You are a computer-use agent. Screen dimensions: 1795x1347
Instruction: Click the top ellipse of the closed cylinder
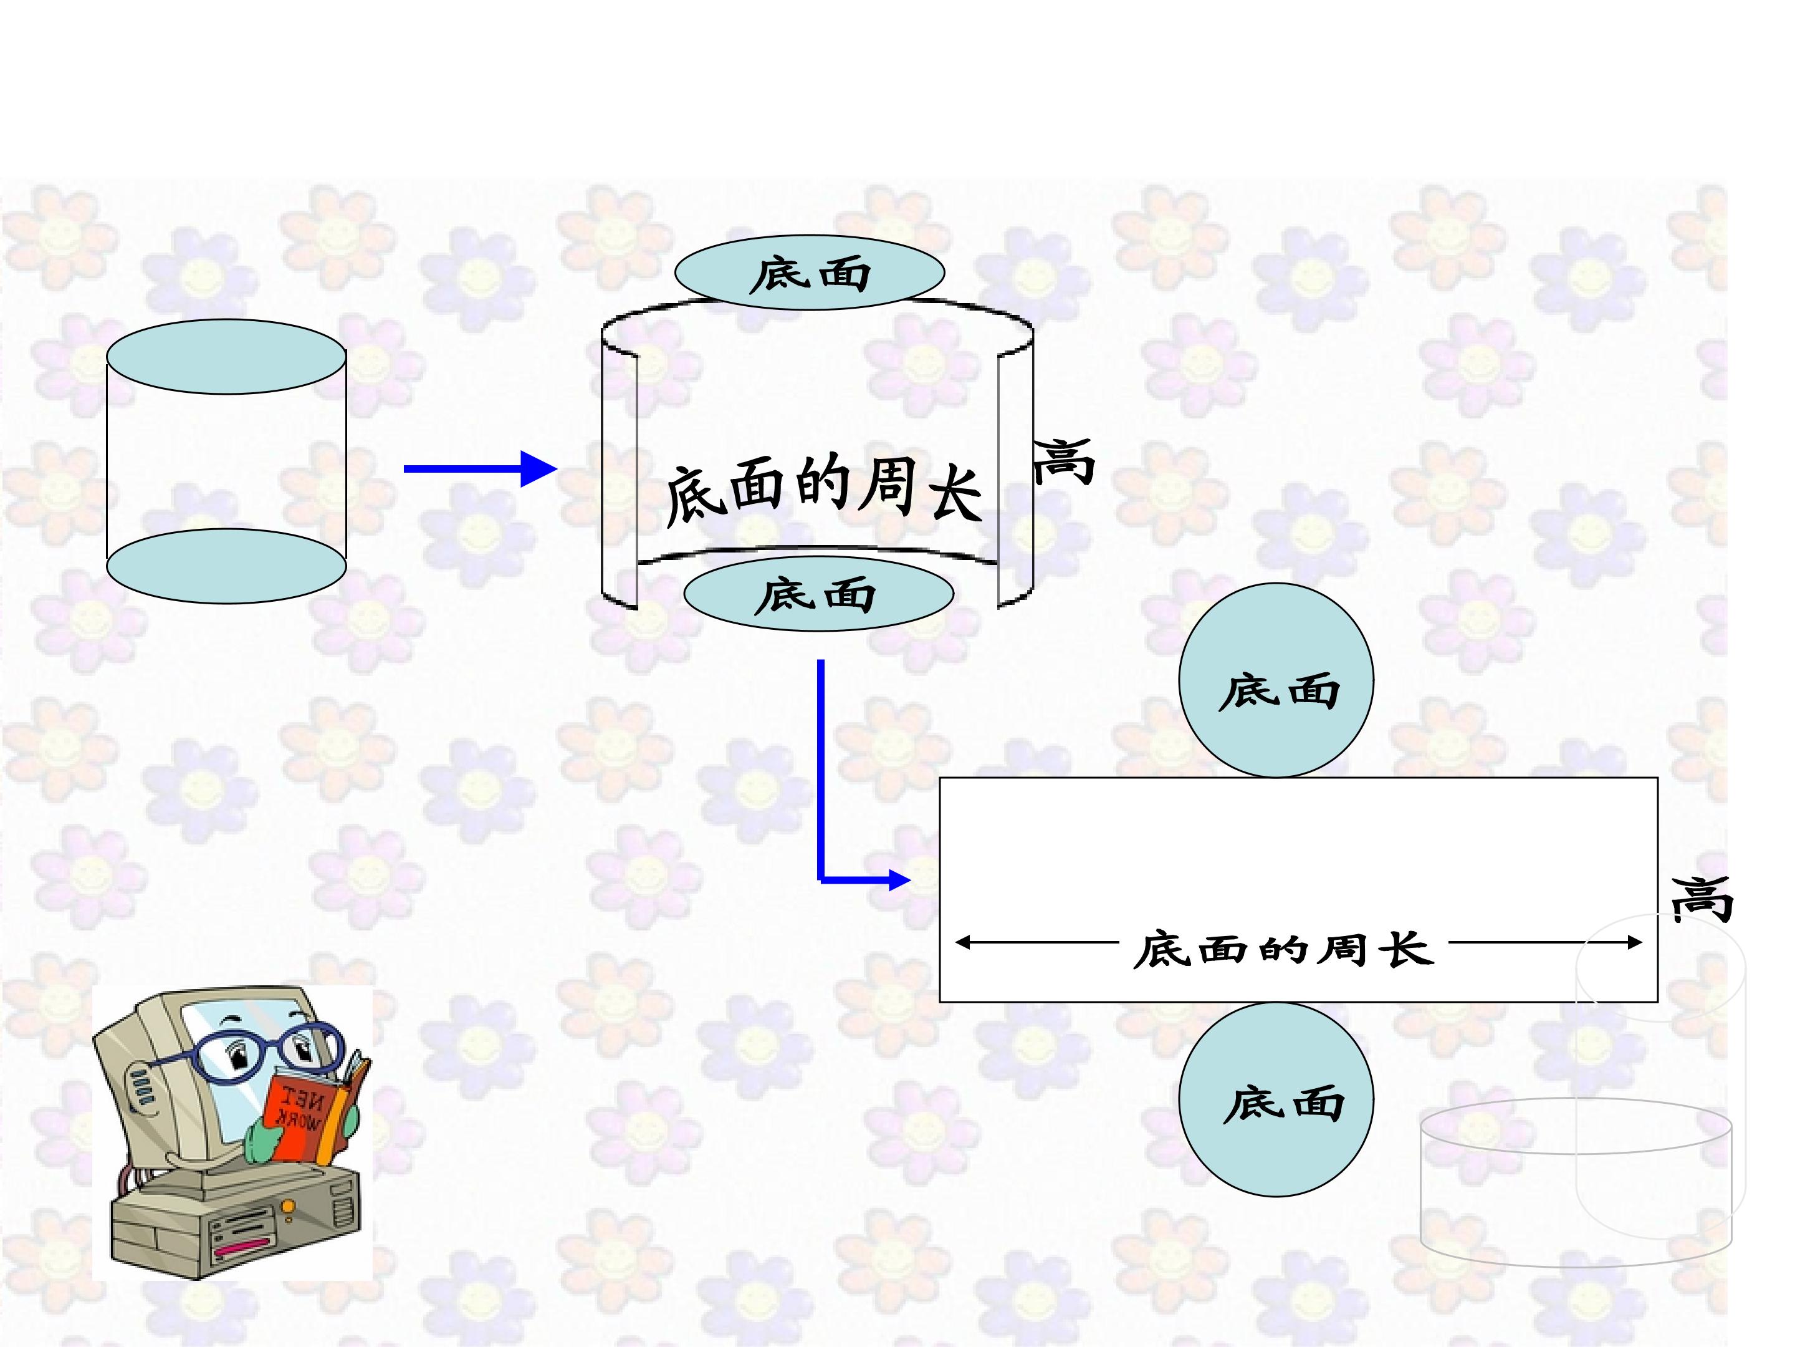(x=226, y=357)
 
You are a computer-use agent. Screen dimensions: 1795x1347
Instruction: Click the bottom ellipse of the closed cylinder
(x=226, y=566)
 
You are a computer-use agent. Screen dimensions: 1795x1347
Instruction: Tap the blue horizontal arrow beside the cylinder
(x=481, y=468)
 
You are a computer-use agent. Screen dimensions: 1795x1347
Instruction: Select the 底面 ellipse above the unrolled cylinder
(x=810, y=273)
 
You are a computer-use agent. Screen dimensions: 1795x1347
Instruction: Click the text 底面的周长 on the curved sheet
(x=824, y=489)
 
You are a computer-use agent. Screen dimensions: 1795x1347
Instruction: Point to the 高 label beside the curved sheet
(x=1064, y=461)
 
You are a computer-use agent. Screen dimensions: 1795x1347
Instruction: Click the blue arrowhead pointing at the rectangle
(x=900, y=879)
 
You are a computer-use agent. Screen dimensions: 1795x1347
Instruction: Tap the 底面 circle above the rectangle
(x=1276, y=680)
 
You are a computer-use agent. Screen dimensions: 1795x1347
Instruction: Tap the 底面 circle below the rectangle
(x=1276, y=1099)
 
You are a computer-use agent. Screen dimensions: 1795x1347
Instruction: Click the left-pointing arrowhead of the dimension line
(x=963, y=943)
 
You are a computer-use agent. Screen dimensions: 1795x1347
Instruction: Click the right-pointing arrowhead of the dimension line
(x=1634, y=943)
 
